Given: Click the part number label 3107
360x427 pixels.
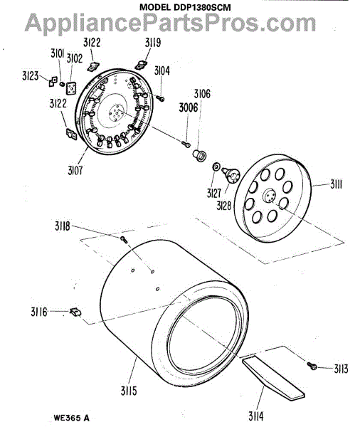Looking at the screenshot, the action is [75, 171].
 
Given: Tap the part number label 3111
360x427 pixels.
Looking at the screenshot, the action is [337, 184].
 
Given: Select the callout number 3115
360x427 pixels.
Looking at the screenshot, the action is [129, 391].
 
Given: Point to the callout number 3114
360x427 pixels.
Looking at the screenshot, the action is [255, 416].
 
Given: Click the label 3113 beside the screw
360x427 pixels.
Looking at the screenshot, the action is [341, 369].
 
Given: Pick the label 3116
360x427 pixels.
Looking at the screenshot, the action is [39, 312].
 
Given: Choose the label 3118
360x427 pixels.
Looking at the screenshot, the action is [63, 226].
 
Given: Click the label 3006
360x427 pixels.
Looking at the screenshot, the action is [189, 107].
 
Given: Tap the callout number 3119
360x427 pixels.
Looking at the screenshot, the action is [153, 43].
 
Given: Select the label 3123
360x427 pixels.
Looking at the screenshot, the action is [30, 76].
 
